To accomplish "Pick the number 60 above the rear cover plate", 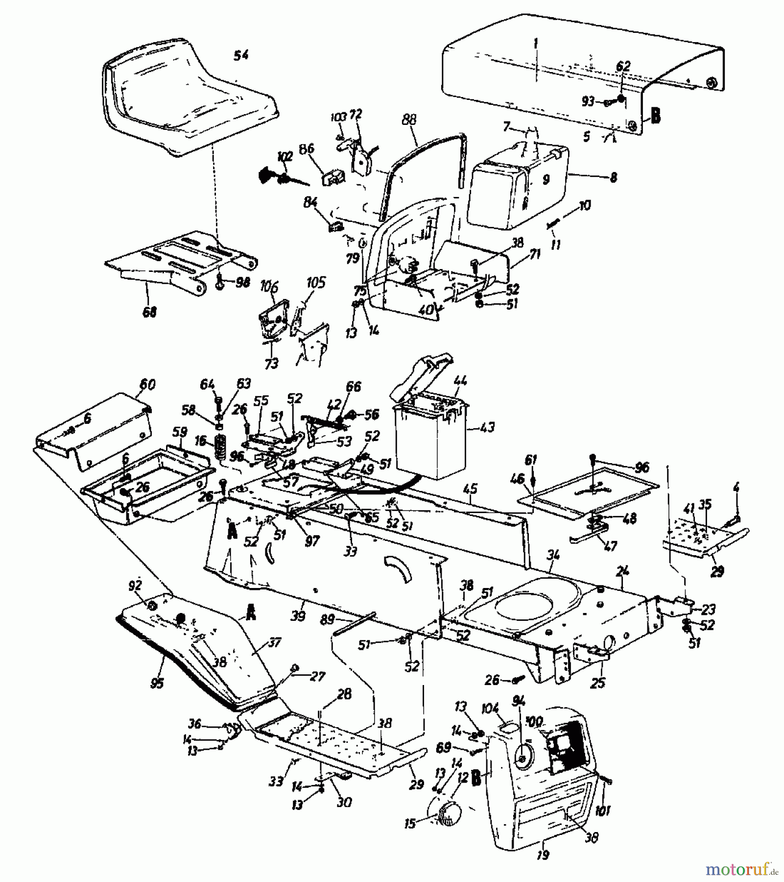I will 146,385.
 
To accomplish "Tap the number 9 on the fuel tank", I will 546,179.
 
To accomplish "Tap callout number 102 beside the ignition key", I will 285,157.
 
